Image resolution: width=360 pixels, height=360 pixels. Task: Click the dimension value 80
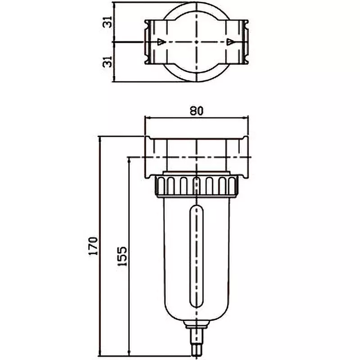point(196,111)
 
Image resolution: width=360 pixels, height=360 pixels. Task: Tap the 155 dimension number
point(122,257)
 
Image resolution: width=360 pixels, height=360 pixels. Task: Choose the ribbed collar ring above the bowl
point(197,186)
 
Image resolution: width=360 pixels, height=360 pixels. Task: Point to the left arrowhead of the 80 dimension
point(147,118)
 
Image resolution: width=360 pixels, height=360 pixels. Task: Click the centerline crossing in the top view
point(197,42)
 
